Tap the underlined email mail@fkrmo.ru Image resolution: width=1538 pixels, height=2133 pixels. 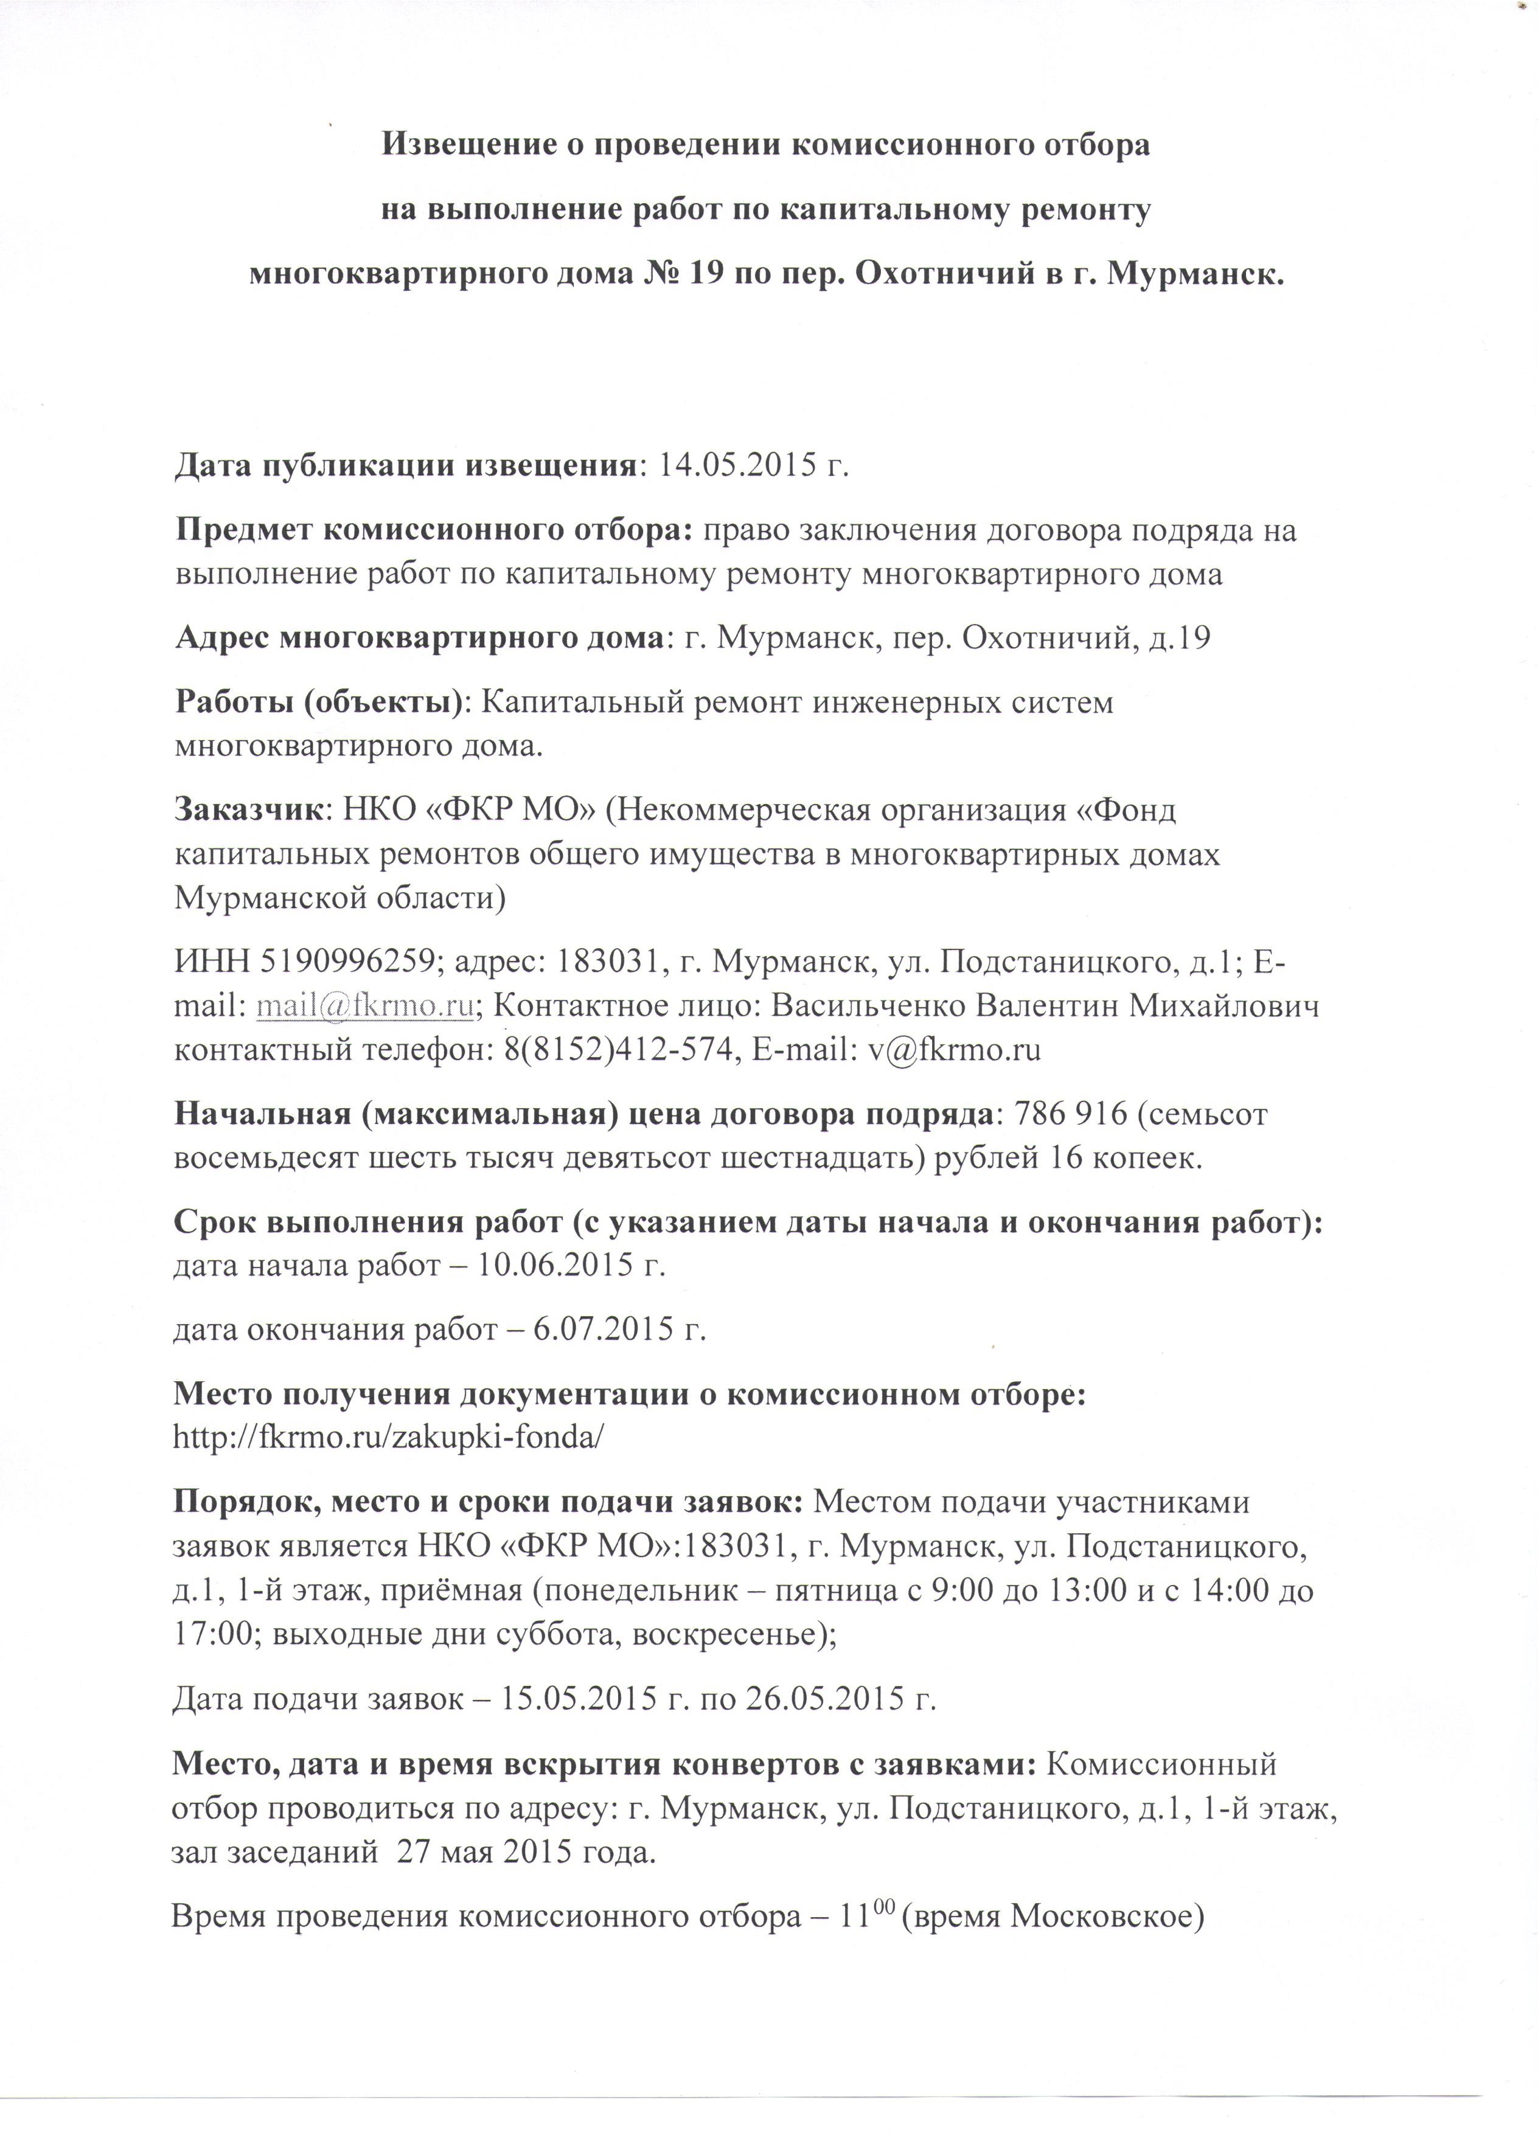(x=364, y=1007)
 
